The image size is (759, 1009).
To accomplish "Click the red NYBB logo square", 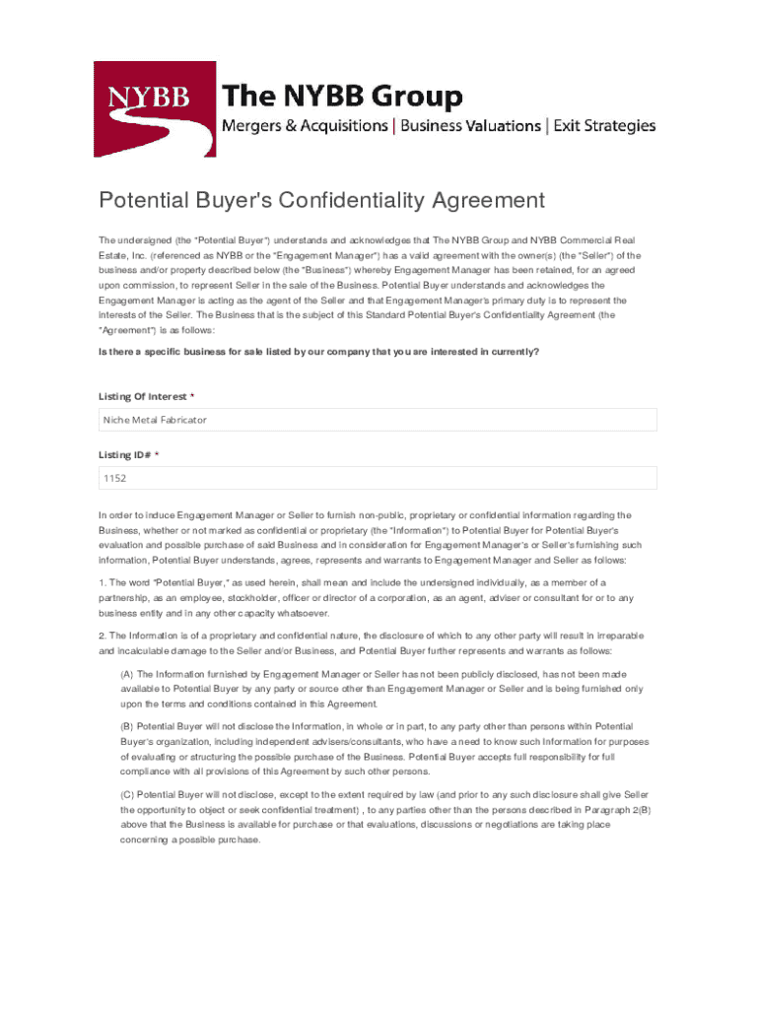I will point(155,108).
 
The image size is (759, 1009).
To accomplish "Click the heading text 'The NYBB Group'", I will point(342,97).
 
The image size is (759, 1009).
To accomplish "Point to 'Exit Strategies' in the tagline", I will point(604,126).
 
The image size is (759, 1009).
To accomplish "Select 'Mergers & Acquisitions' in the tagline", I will point(305,126).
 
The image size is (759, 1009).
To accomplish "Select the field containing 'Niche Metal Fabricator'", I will point(378,420).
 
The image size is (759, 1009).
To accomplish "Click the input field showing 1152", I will point(378,479).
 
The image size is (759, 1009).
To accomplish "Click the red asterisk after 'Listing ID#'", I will point(156,455).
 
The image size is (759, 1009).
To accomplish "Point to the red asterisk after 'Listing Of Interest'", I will point(192,396).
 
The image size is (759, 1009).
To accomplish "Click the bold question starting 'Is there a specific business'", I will point(318,352).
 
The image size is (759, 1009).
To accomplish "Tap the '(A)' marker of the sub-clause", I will point(127,674).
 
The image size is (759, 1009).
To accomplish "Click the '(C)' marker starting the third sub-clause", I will point(128,794).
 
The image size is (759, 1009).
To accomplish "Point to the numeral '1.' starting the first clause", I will point(102,582).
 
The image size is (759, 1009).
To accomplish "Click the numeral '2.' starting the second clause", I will point(102,636).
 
